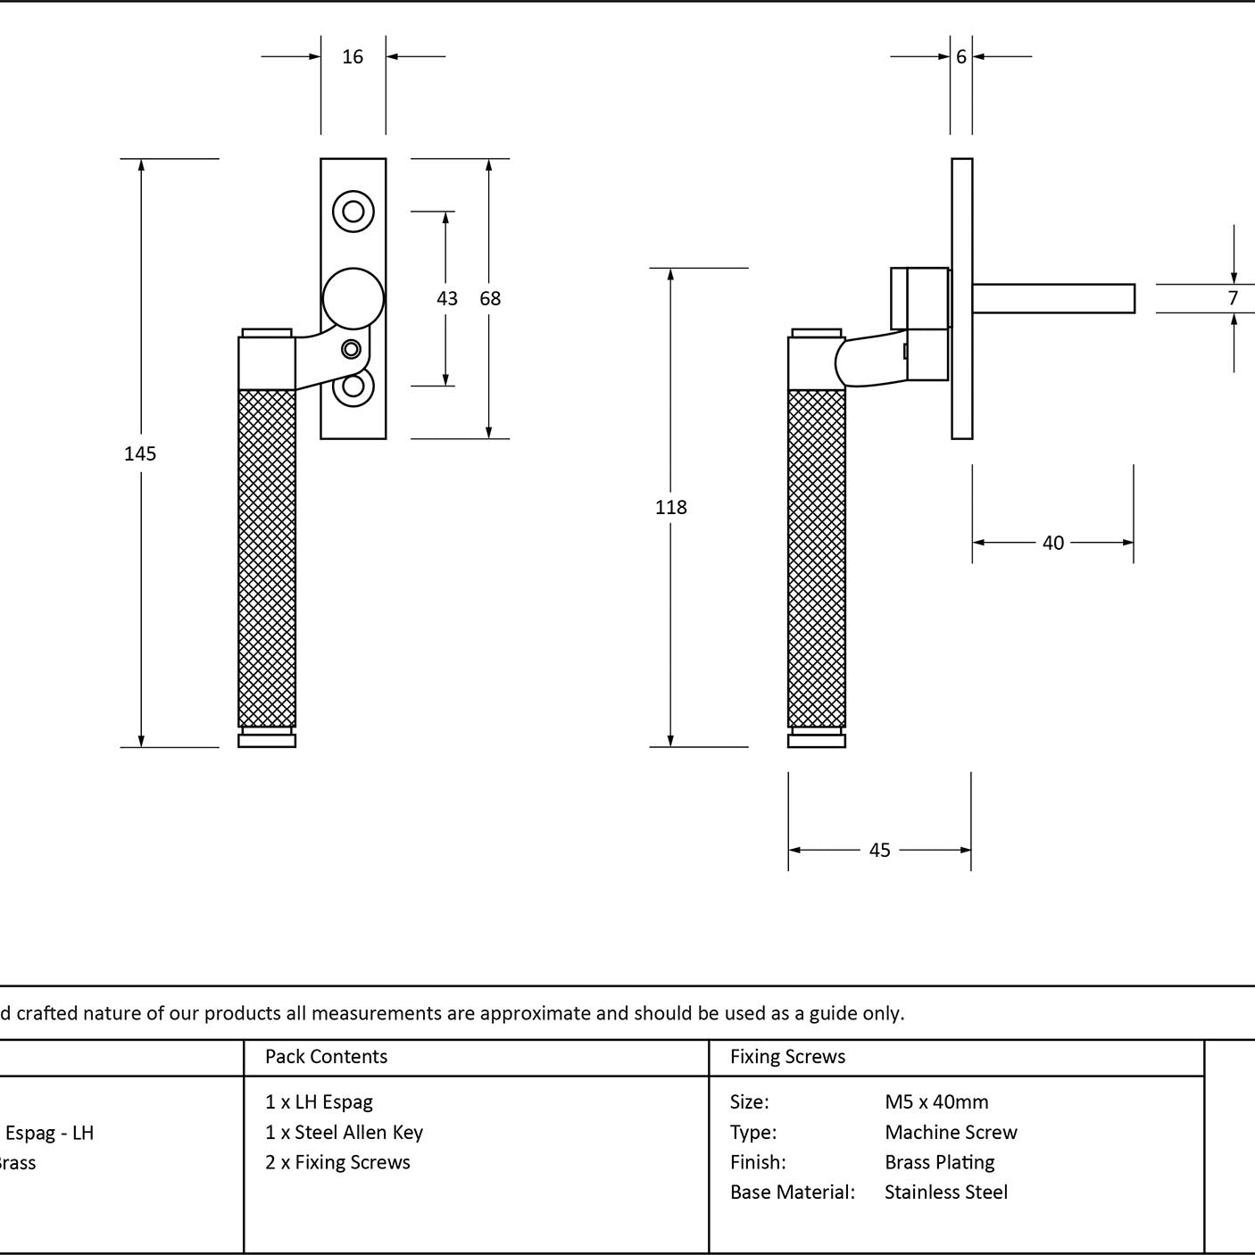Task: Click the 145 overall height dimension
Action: pyautogui.click(x=140, y=454)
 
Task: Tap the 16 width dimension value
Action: pyautogui.click(x=353, y=57)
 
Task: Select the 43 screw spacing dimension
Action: pyautogui.click(x=447, y=299)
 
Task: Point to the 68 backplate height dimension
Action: pyautogui.click(x=490, y=299)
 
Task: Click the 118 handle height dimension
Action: pyautogui.click(x=671, y=507)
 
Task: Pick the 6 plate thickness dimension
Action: pyautogui.click(x=961, y=57)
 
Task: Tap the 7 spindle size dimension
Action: pyautogui.click(x=1233, y=298)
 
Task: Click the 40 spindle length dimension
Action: pyautogui.click(x=1053, y=543)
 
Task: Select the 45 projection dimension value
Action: pyautogui.click(x=880, y=850)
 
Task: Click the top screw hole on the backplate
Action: pyautogui.click(x=353, y=211)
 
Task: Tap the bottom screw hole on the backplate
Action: pyautogui.click(x=353, y=386)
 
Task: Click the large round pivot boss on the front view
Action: pyautogui.click(x=353, y=298)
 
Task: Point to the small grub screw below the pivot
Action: pyautogui.click(x=351, y=350)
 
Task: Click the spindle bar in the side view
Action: pyautogui.click(x=1054, y=298)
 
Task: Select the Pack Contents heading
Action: pyautogui.click(x=327, y=1056)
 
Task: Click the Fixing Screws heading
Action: pyautogui.click(x=787, y=1056)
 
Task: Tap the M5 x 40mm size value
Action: pyautogui.click(x=936, y=1101)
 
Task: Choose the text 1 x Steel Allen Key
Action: pyautogui.click(x=344, y=1132)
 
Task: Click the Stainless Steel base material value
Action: pyautogui.click(x=946, y=1192)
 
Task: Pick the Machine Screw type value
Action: pyautogui.click(x=951, y=1132)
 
